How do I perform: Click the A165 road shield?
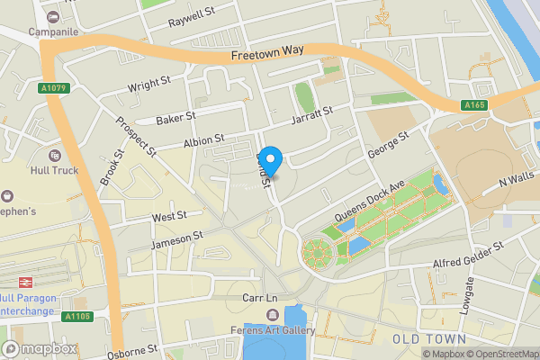475,106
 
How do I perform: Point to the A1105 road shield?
77,316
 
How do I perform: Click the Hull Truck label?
52,170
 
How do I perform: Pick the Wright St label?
149,87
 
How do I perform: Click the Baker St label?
175,118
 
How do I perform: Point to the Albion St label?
202,144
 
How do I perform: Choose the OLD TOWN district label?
429,338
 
